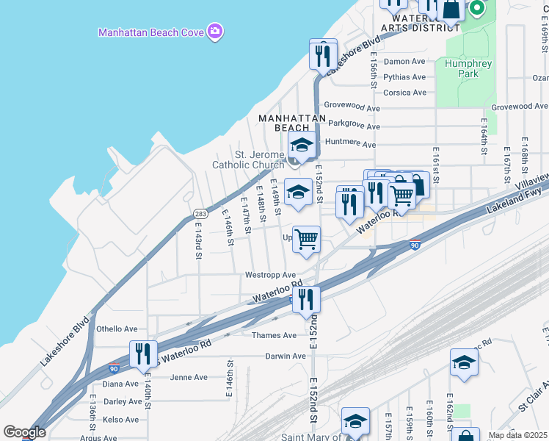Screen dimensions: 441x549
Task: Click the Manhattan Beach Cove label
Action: (x=151, y=32)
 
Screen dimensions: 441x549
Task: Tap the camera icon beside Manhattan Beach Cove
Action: (x=215, y=32)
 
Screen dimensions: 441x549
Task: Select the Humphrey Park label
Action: (x=468, y=68)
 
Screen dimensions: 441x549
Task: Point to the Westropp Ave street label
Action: (x=270, y=275)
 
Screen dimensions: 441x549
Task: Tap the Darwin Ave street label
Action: (x=286, y=356)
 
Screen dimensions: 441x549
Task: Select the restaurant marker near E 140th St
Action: (x=143, y=355)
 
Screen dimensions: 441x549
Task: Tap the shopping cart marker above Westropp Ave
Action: (x=306, y=240)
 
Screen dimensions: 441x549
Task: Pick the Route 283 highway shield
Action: (x=200, y=214)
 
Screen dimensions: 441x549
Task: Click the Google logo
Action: (x=25, y=432)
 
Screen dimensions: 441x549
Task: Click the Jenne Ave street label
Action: (x=189, y=378)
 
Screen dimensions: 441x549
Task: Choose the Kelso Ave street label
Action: (x=121, y=420)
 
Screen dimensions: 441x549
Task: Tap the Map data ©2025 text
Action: (x=517, y=435)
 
